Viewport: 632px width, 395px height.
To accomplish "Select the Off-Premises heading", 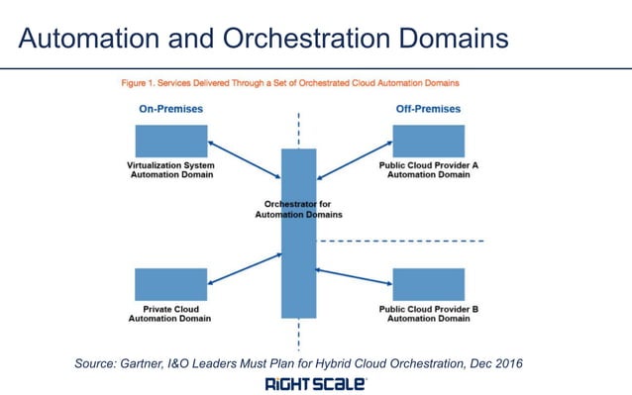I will coord(428,109).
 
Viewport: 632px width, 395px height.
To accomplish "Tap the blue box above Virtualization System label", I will coord(171,141).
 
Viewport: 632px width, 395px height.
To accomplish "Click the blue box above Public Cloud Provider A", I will coord(429,141).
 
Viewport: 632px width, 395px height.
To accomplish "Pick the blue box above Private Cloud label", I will coord(171,284).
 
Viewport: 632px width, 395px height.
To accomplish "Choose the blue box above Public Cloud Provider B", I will coord(429,284).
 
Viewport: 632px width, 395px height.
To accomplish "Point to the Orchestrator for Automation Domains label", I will coord(298,209).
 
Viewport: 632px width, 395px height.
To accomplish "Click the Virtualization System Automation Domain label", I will coord(171,169).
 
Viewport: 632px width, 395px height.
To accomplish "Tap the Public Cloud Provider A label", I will coord(429,169).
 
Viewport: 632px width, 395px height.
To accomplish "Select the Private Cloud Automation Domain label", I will coord(171,314).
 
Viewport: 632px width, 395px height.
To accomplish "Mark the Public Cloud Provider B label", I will coord(429,314).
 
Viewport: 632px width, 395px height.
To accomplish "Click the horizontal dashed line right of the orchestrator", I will coord(401,241).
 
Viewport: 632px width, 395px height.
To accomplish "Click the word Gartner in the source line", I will coord(152,363).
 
